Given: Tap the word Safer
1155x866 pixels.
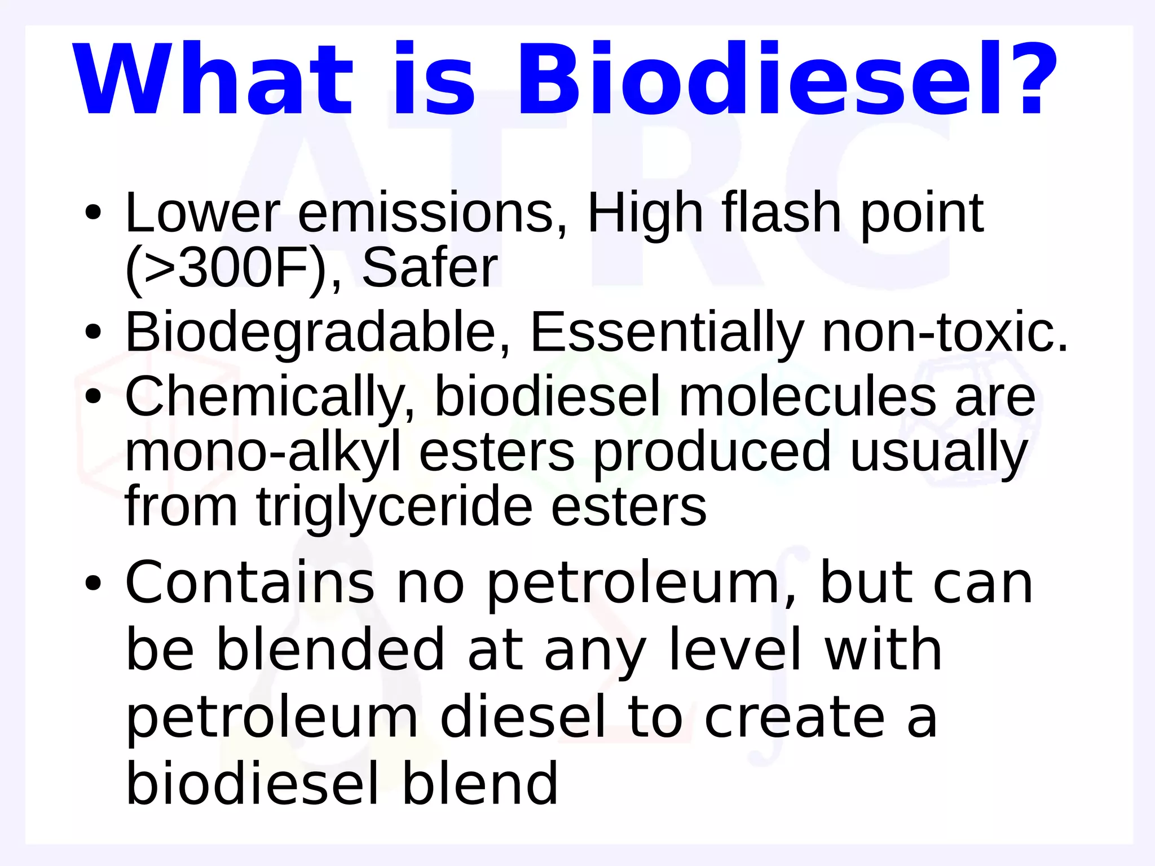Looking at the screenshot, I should coord(430,267).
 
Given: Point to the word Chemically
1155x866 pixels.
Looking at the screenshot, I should coord(270,397).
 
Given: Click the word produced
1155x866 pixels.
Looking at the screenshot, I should coord(712,452).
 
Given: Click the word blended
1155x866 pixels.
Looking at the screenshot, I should coord(331,650).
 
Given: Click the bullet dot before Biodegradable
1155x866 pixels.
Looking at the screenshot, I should coord(93,333).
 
